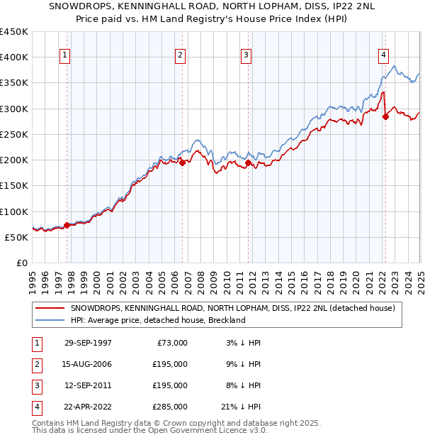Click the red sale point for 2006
(182, 163)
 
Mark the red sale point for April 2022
(385, 116)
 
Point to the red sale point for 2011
(248, 163)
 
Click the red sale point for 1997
(67, 225)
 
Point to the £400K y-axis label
(13, 57)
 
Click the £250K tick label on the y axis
(13, 134)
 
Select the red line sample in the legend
(50, 308)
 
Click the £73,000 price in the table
(170, 343)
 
